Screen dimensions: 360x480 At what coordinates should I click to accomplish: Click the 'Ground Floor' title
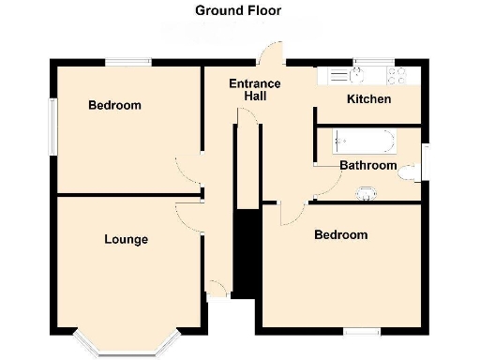click(x=237, y=11)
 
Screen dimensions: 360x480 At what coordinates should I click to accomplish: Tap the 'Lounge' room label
click(x=126, y=240)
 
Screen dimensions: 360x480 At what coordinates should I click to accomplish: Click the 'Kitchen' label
click(x=369, y=99)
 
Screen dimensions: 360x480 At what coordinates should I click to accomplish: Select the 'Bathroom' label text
click(x=367, y=166)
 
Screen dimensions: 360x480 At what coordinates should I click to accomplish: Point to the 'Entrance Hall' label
click(x=255, y=90)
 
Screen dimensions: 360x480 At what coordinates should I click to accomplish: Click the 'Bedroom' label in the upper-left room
click(x=114, y=105)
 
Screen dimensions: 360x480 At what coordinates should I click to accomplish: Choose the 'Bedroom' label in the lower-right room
click(x=340, y=234)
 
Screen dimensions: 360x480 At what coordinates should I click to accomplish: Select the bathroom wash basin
click(x=367, y=194)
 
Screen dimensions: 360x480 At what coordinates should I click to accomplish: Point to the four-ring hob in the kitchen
click(x=398, y=75)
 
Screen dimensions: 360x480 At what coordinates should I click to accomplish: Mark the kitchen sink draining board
click(x=336, y=75)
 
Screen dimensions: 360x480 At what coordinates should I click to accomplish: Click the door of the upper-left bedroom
click(x=187, y=170)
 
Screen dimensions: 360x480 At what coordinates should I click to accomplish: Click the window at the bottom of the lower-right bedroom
click(x=361, y=330)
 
